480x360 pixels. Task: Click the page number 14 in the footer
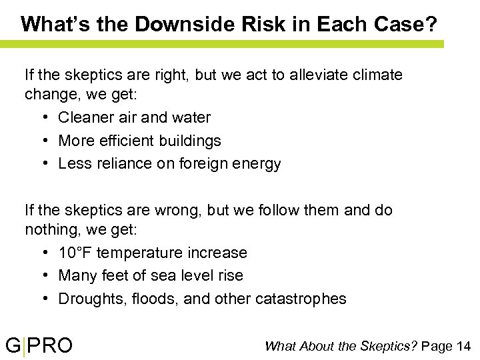pos(464,345)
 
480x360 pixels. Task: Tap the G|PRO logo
pos(39,345)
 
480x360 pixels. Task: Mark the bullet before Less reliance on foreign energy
pos(43,164)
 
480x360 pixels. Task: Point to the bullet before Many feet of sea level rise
pos(43,276)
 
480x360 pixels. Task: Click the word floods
pos(154,299)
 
